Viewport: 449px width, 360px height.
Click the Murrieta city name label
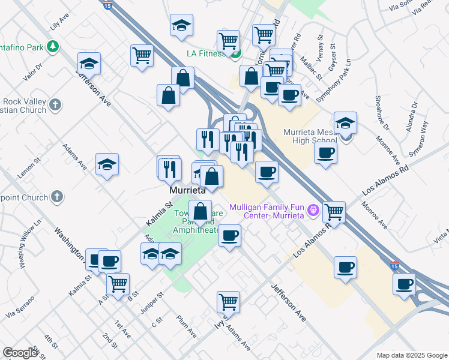click(187, 190)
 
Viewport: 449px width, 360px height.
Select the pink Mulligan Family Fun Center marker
click(312, 211)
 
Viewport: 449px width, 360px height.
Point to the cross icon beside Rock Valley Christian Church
click(55, 105)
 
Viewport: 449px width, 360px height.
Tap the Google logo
click(20, 353)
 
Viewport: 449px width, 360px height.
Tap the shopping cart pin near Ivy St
click(228, 301)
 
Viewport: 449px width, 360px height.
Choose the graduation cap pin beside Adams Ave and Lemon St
click(107, 164)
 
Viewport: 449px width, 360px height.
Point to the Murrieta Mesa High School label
click(304, 136)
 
